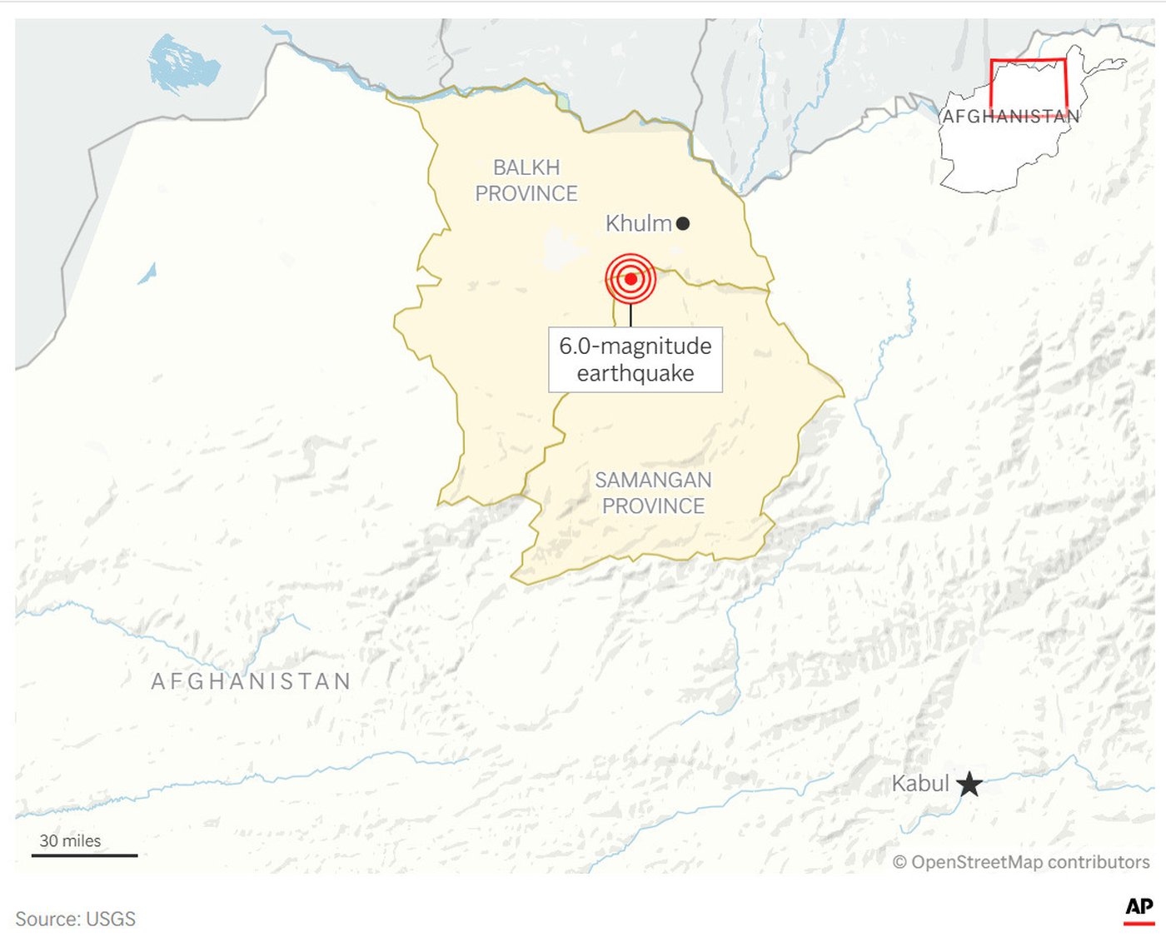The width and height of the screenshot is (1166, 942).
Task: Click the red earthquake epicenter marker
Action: pos(630,278)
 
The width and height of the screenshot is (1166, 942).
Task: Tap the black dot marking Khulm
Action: pos(683,223)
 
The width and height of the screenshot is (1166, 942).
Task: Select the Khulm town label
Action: pos(638,223)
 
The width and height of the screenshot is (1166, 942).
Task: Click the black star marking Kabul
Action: pos(969,784)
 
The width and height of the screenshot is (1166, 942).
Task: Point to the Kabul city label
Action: pos(920,784)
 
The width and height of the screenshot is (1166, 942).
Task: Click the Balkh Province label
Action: pos(526,180)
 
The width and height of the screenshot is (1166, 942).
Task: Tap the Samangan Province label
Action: pos(653,492)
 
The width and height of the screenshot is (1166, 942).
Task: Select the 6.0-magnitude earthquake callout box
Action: pos(635,359)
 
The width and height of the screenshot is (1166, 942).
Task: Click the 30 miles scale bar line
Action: pos(84,855)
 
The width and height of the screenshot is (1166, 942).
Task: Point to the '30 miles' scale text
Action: pos(70,840)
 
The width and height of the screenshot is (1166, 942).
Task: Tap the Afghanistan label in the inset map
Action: pos(1010,117)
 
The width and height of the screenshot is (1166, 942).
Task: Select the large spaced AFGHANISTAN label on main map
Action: pos(251,681)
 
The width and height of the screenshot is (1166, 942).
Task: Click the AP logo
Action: pos(1139,908)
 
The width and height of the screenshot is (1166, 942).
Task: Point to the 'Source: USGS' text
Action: pos(75,919)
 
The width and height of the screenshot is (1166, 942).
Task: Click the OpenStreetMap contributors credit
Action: pos(1021,862)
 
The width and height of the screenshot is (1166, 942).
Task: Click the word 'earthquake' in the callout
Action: pos(635,373)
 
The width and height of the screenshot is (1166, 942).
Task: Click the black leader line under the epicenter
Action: pos(630,316)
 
